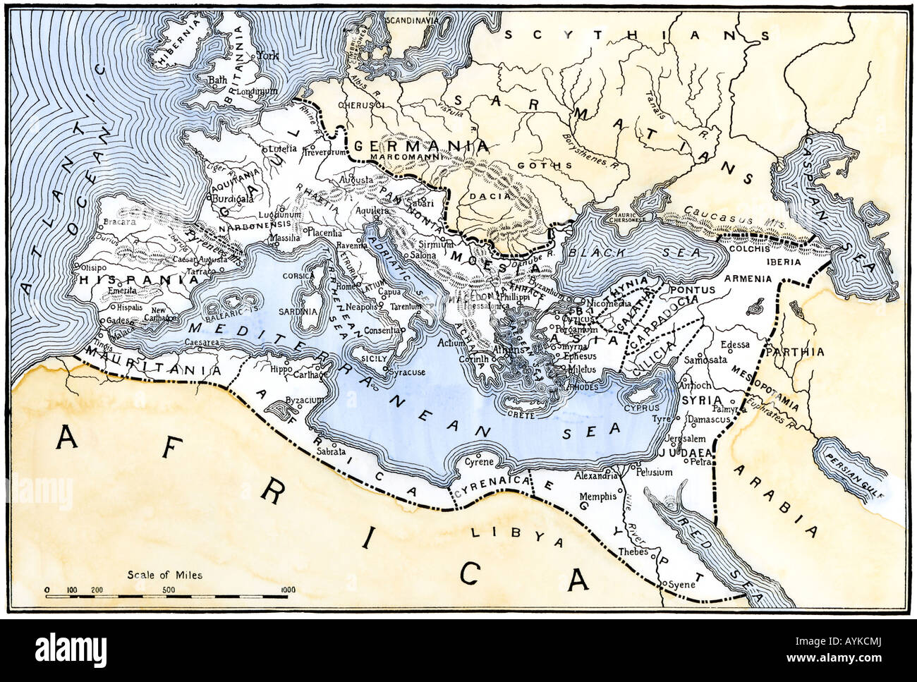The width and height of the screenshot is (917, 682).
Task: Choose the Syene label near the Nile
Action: [x=683, y=585]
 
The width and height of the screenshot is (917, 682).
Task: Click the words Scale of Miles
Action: [x=164, y=575]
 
